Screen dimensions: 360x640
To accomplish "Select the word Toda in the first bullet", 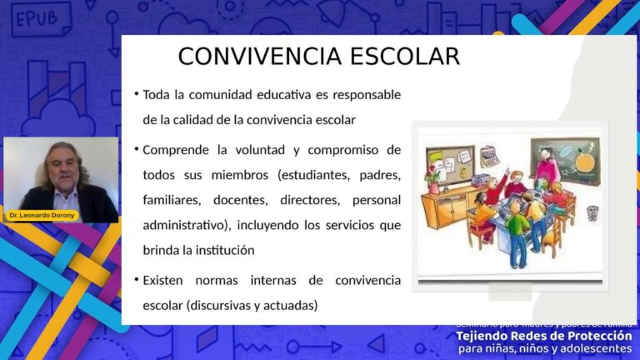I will click(157, 95).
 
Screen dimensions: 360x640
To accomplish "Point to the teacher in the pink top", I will click(546, 167).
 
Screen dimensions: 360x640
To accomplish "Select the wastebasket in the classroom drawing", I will click(592, 212).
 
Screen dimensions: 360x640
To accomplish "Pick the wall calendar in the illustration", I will click(489, 154).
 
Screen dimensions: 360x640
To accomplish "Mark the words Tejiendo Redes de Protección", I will click(543, 336).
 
